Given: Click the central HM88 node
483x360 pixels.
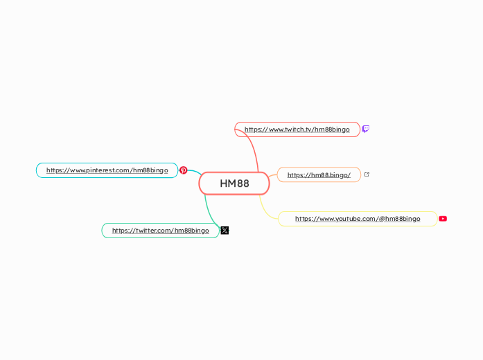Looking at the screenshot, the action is (234, 183).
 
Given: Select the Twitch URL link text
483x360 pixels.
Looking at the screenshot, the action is (297, 129).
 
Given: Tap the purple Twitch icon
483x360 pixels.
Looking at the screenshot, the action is (366, 129).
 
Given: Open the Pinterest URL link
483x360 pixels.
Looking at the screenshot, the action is (107, 170).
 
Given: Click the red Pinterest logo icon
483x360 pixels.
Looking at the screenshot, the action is (184, 170).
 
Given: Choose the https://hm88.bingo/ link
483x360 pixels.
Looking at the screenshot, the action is (319, 175).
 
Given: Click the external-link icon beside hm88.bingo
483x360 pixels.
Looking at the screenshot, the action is (367, 174).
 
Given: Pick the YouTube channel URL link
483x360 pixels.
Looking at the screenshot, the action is (357, 219).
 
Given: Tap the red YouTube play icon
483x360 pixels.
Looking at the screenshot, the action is (443, 219).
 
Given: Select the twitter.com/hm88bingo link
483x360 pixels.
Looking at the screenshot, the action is (160, 231).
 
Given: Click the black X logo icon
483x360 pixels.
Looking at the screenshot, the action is (225, 231).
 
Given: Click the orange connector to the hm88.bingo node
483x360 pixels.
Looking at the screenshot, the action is (273, 177).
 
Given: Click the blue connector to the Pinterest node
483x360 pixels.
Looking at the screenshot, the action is (195, 172).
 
